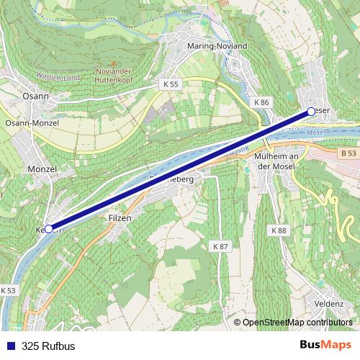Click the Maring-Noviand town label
[216, 46]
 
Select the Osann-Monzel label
[32, 123]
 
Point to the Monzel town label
[41, 168]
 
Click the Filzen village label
[120, 217]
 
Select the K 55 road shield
[170, 84]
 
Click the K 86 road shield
[261, 103]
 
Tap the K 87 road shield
[220, 246]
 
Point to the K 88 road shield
[279, 230]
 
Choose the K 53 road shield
[8, 290]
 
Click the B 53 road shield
[349, 153]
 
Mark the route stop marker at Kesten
[49, 228]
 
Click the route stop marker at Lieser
[310, 111]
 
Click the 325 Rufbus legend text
[48, 346]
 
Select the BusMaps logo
[326, 345]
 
